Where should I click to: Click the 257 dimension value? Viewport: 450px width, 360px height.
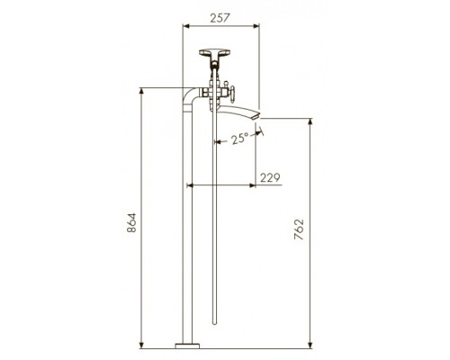[220, 18]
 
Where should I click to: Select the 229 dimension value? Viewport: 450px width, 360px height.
[270, 177]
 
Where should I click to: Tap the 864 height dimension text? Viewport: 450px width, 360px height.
[131, 222]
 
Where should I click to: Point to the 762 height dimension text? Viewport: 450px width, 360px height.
[299, 229]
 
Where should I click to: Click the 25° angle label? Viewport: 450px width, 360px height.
[240, 139]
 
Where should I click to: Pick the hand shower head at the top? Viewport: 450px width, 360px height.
[214, 53]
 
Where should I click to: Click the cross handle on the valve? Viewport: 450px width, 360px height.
[232, 92]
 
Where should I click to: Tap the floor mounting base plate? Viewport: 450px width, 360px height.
[187, 346]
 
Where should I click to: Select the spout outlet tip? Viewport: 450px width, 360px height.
[256, 116]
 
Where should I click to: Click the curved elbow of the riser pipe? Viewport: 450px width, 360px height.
[188, 94]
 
